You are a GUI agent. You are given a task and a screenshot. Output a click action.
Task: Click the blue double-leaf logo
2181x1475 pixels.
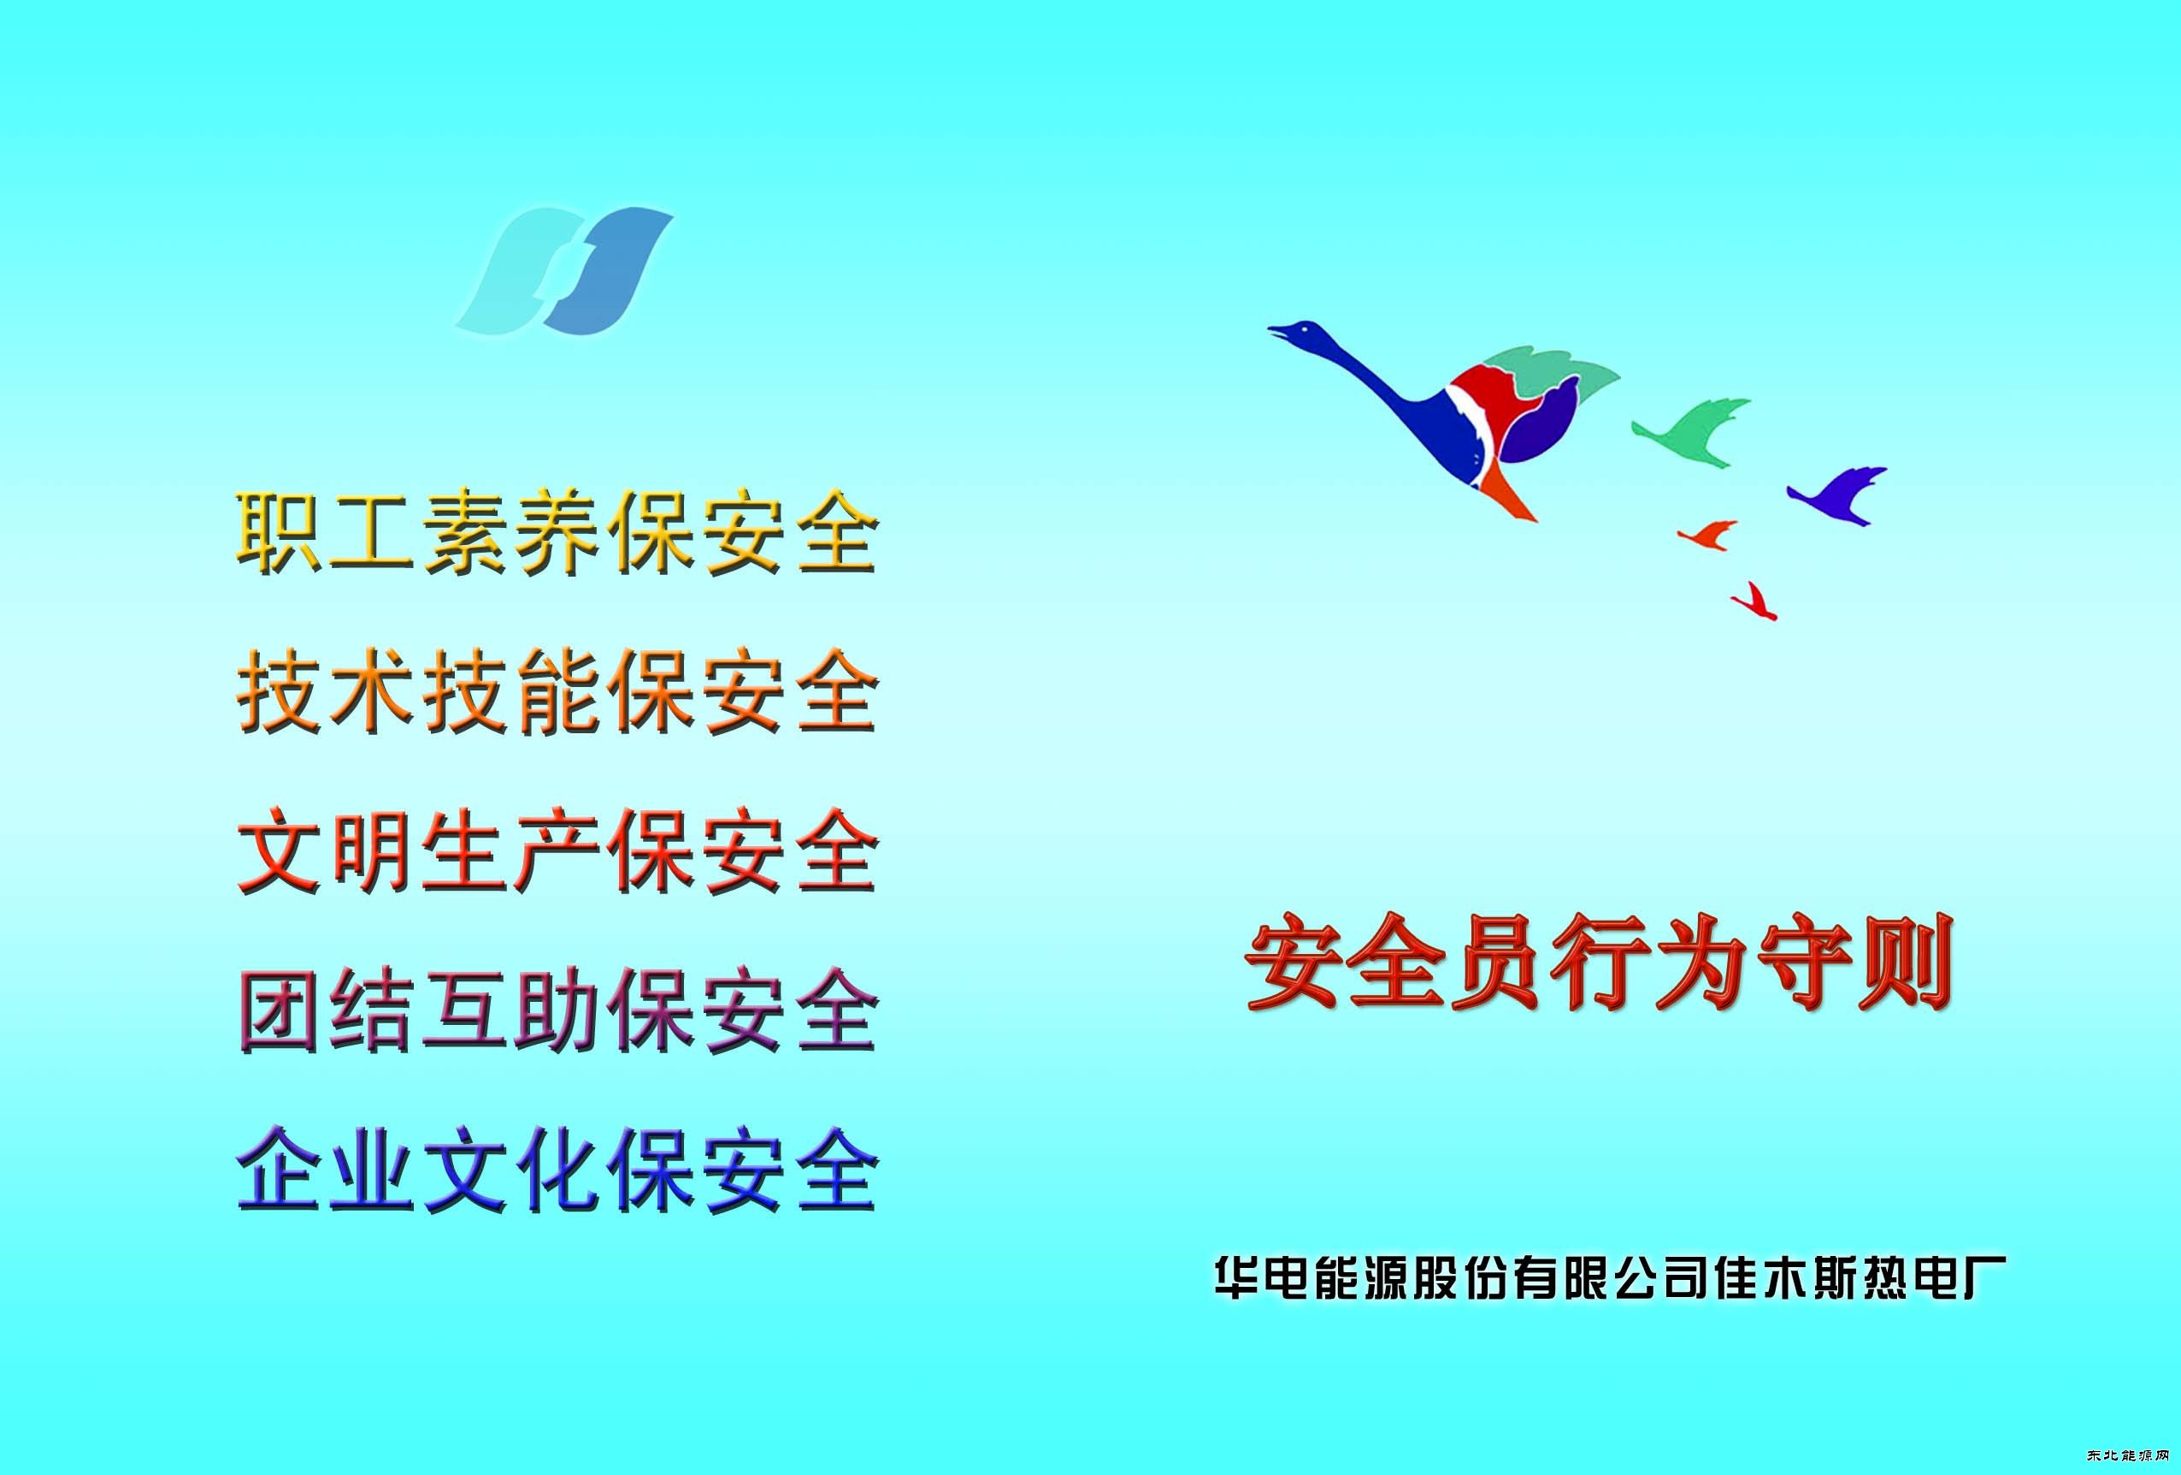click(565, 271)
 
